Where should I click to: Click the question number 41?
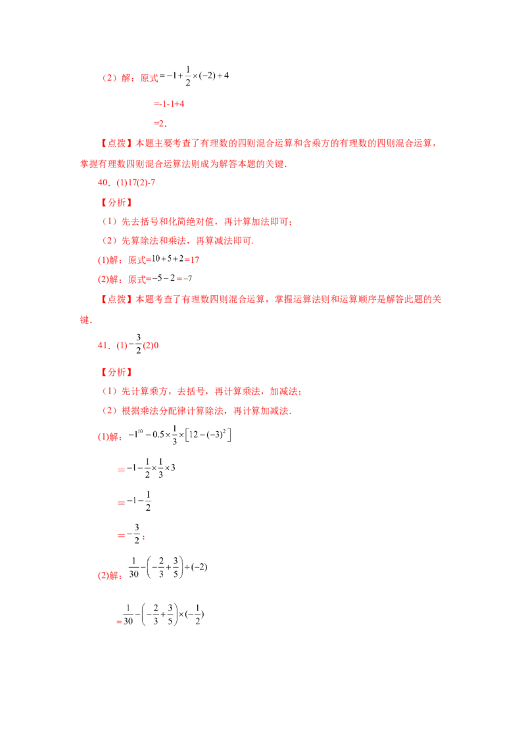click(x=102, y=344)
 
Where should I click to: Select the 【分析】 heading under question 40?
click(x=116, y=202)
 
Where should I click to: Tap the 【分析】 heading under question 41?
click(x=116, y=372)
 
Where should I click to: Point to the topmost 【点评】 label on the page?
click(x=116, y=143)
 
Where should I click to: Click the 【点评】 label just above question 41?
click(x=116, y=300)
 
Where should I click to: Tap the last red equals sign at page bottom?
click(x=118, y=621)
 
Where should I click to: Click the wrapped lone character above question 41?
click(x=83, y=320)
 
